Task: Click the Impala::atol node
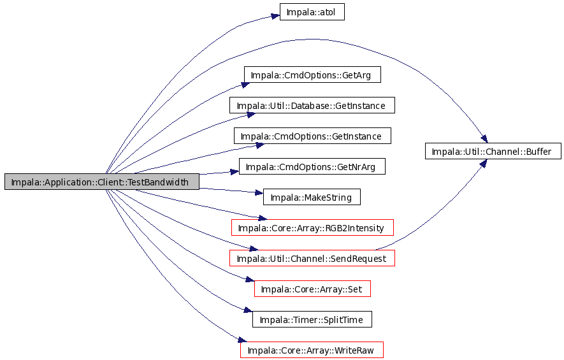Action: tap(312, 12)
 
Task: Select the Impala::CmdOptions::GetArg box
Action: tap(312, 75)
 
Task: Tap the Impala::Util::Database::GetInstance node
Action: tap(312, 105)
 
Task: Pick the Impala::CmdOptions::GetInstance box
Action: tap(312, 136)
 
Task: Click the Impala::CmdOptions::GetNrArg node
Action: tap(312, 166)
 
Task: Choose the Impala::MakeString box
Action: tap(312, 197)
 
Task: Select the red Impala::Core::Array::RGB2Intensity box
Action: tap(312, 227)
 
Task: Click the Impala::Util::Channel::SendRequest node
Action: tap(312, 258)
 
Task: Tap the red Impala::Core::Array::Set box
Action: tap(312, 289)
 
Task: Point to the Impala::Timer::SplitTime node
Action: tap(312, 319)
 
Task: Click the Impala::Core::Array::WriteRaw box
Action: tap(312, 350)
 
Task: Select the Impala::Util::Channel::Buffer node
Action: tap(493, 150)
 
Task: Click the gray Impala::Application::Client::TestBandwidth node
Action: tap(101, 181)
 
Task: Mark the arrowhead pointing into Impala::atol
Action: tap(275, 16)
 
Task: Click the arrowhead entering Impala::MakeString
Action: tap(259, 193)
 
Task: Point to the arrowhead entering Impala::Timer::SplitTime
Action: tap(248, 310)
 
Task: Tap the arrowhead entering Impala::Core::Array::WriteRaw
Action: tap(242, 340)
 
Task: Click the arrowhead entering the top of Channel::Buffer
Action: tap(484, 138)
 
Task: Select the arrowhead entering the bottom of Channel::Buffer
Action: tap(484, 163)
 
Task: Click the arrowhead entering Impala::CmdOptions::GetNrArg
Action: tap(235, 172)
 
